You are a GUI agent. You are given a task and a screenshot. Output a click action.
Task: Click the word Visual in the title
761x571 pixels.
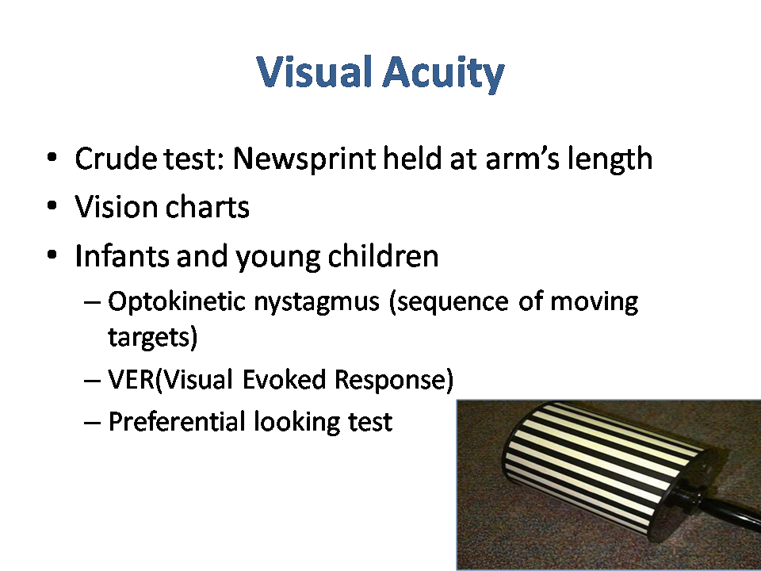[315, 71]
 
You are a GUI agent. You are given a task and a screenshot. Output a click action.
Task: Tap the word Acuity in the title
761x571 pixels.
[444, 74]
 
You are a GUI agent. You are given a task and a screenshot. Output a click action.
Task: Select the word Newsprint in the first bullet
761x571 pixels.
[304, 159]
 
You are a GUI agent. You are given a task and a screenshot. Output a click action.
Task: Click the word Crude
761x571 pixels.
[116, 158]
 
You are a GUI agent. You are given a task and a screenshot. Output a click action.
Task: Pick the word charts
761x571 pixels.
[207, 206]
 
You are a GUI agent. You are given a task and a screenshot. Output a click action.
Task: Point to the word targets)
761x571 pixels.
[152, 337]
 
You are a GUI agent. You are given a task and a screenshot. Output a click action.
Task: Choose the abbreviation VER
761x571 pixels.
[131, 379]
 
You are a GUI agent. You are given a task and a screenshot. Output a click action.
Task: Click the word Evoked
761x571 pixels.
[284, 379]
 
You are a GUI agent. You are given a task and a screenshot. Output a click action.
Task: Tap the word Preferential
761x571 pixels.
[177, 421]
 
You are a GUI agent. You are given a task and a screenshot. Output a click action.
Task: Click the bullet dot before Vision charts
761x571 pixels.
[52, 206]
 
